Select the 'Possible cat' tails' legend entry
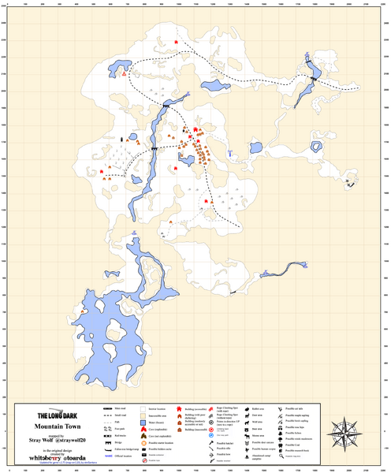coord(294,408)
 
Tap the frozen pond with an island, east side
coord(316,147)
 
